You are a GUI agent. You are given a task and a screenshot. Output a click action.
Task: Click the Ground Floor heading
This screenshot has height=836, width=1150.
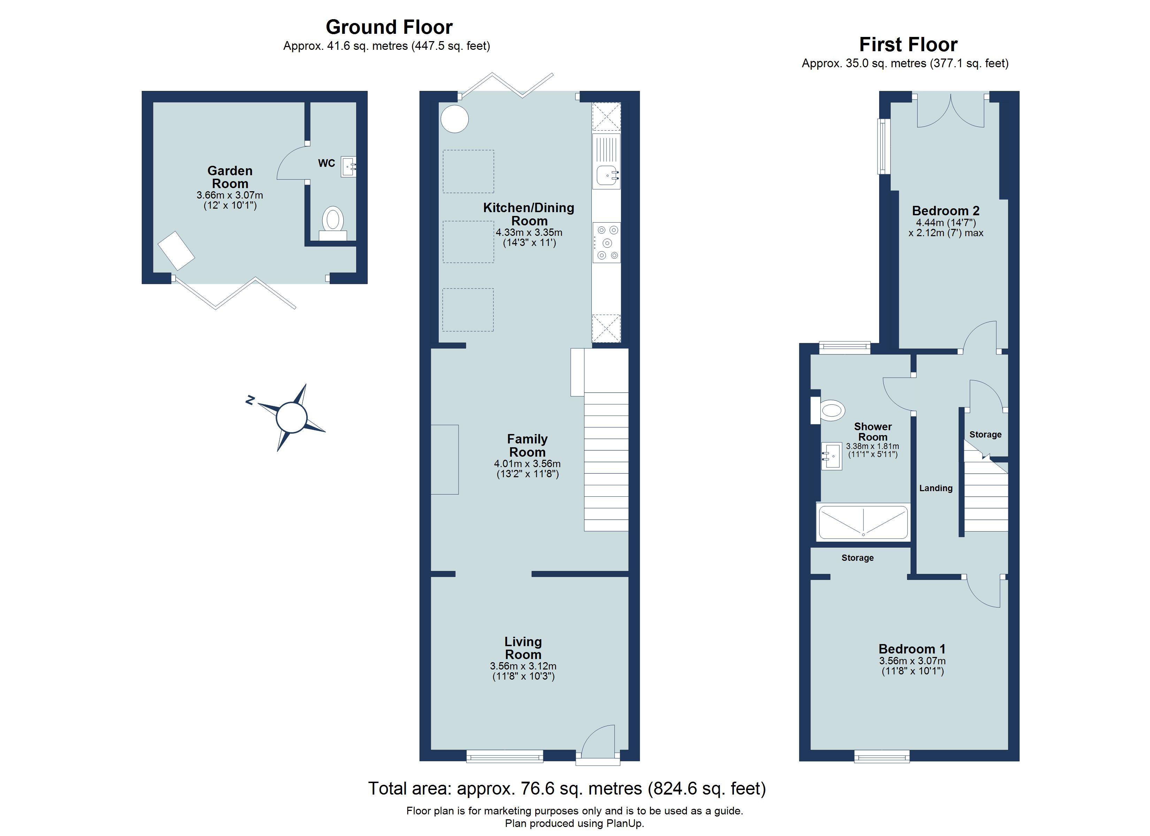(389, 27)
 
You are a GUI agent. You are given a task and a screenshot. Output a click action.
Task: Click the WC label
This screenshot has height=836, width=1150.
(326, 163)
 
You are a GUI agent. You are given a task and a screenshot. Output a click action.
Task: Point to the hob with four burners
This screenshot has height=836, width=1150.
(606, 242)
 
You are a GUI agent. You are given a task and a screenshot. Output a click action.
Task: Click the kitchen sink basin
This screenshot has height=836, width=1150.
(606, 175)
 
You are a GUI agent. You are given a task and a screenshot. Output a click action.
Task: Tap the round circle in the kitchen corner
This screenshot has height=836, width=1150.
(454, 119)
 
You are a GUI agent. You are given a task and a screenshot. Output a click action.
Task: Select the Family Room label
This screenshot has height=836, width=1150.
(527, 445)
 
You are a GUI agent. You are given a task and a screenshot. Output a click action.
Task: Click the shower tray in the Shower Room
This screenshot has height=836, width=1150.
(863, 522)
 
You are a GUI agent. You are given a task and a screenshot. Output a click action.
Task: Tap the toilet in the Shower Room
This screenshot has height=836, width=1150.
(831, 410)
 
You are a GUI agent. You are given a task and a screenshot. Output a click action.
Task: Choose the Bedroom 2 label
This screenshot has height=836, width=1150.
(946, 210)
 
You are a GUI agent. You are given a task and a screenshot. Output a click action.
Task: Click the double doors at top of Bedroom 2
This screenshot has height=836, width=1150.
(950, 111)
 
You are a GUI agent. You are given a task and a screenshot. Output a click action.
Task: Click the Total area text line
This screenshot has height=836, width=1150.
(566, 788)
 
